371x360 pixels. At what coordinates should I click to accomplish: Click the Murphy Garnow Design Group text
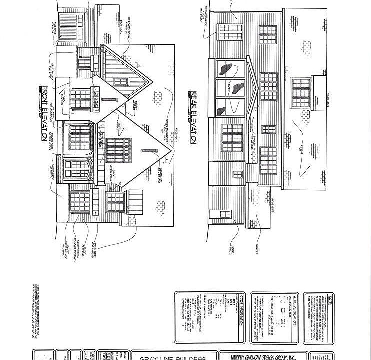click(x=263, y=357)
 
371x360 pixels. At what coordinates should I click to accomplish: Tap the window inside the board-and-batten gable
click(x=121, y=81)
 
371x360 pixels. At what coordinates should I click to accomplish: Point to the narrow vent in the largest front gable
click(x=148, y=150)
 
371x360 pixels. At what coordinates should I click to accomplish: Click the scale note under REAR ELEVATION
click(x=189, y=106)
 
